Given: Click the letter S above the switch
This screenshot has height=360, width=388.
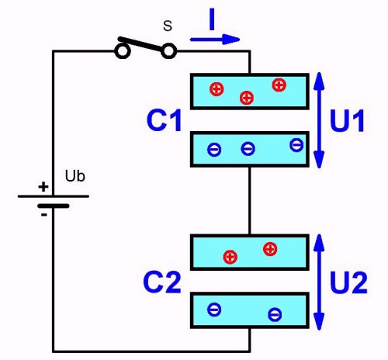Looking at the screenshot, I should pyautogui.click(x=167, y=26).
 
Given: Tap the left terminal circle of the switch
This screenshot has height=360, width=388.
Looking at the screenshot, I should pyautogui.click(x=122, y=51).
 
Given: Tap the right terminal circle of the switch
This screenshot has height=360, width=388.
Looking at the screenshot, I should pyautogui.click(x=168, y=51).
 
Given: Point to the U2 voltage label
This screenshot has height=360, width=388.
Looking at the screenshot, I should pyautogui.click(x=349, y=284).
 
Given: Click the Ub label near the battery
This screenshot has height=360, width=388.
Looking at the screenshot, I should pyautogui.click(x=75, y=175).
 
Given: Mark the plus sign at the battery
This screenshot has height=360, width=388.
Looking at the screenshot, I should pyautogui.click(x=43, y=187).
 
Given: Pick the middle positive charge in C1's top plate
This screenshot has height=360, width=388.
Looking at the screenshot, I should pyautogui.click(x=247, y=97).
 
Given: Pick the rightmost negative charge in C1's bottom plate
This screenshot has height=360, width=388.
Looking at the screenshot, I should pyautogui.click(x=296, y=144).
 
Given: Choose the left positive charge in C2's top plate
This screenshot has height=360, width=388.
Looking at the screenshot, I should pyautogui.click(x=230, y=257).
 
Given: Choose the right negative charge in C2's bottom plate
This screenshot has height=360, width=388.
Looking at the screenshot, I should pyautogui.click(x=275, y=314).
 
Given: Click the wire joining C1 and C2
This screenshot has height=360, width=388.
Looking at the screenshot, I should pyautogui.click(x=250, y=199).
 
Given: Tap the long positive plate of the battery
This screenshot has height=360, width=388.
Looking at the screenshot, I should pyautogui.click(x=53, y=196).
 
